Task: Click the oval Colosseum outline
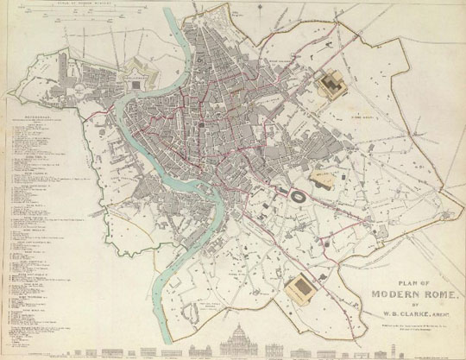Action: [298, 198]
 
